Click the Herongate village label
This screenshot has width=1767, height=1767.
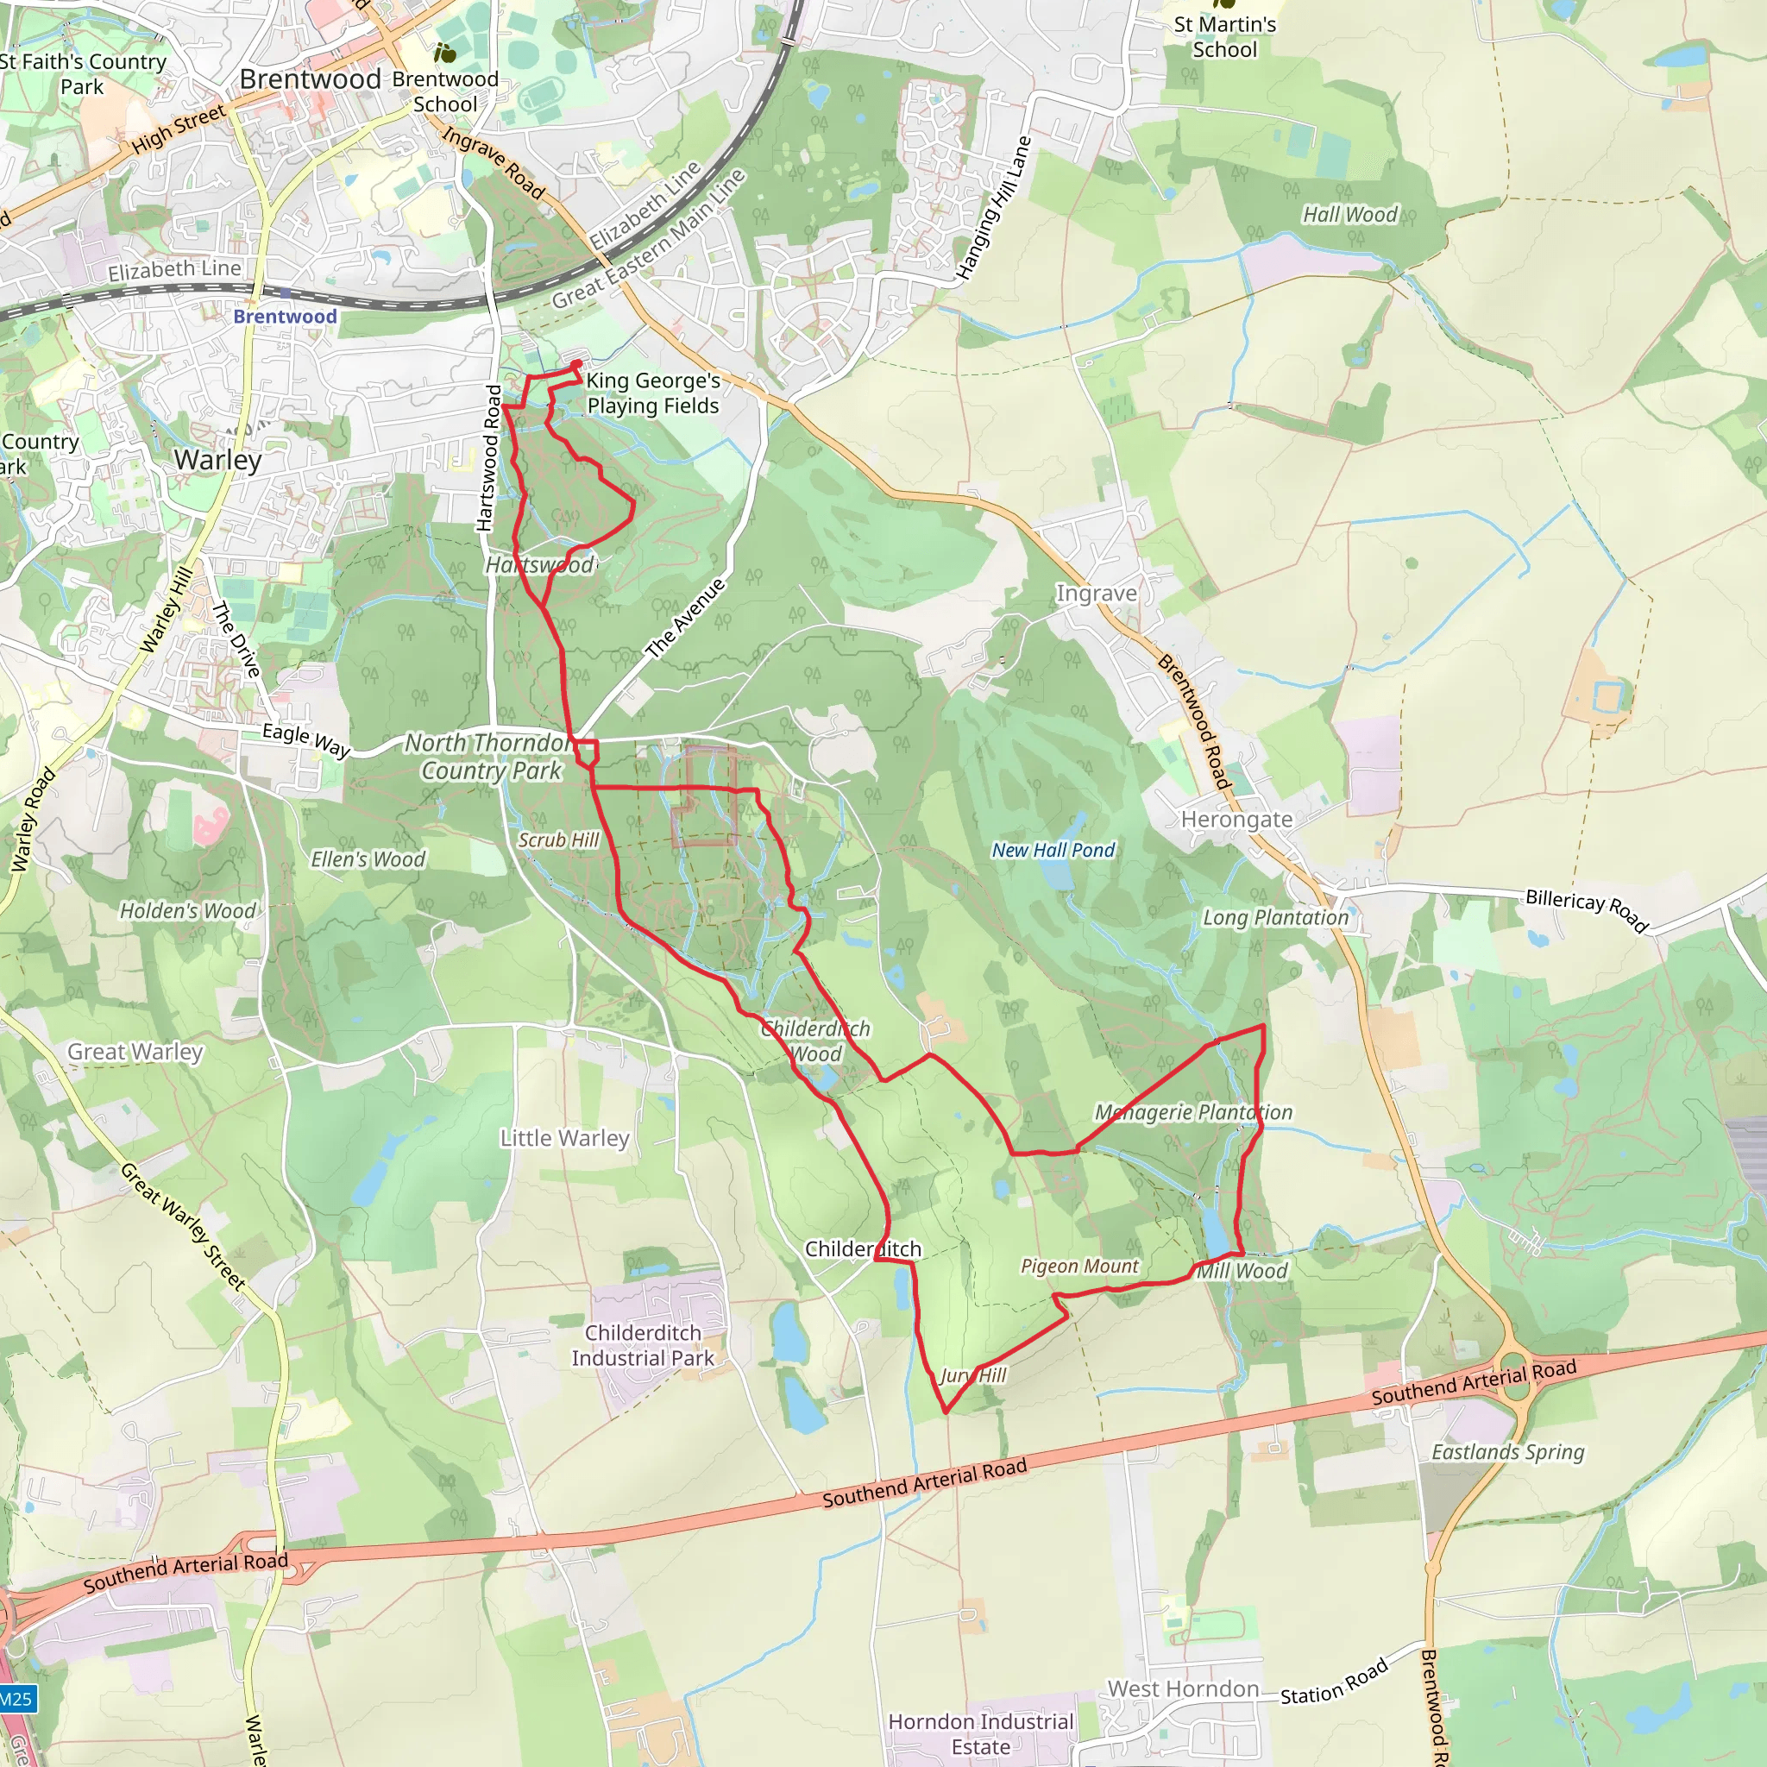click(1236, 819)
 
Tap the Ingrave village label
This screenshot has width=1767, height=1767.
click(1097, 593)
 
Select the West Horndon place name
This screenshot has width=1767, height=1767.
click(1183, 1688)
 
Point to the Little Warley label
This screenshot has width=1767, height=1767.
click(564, 1138)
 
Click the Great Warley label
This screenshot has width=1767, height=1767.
click(135, 1052)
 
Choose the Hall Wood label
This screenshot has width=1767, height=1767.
click(1350, 214)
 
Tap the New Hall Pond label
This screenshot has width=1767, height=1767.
click(1053, 850)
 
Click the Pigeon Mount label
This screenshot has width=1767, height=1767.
click(1079, 1266)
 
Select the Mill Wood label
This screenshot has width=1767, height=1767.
click(1242, 1270)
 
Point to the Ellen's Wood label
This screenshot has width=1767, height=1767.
click(368, 858)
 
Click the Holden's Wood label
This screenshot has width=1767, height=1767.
click(188, 910)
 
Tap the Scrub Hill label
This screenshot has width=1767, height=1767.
click(558, 839)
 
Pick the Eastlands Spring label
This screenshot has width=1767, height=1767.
click(1507, 1451)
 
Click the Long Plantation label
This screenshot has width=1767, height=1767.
click(1275, 917)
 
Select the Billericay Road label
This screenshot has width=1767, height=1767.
click(1587, 910)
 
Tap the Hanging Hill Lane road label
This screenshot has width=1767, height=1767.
click(993, 209)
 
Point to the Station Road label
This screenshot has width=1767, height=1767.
click(1335, 1682)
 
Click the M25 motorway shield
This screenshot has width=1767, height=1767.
click(16, 1700)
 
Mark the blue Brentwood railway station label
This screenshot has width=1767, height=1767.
click(285, 317)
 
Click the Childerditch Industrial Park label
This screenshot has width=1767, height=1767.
click(643, 1345)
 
